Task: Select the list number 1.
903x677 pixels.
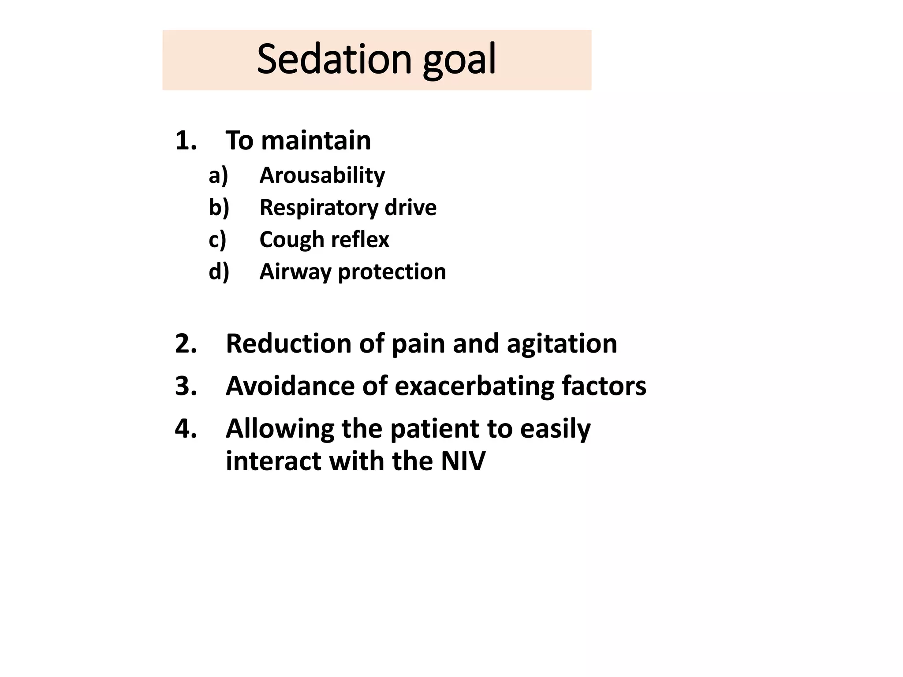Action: coord(185,141)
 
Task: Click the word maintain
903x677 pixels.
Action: coord(316,141)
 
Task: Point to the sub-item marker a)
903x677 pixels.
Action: coord(218,175)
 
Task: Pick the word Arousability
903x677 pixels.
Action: coord(322,175)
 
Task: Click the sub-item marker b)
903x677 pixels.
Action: coord(219,208)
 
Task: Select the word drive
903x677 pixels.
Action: coord(410,208)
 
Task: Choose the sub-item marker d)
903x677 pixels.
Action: coord(219,272)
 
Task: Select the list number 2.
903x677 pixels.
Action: coord(186,344)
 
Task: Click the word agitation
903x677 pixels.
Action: coord(562,344)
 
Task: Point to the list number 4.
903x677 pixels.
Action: coord(186,428)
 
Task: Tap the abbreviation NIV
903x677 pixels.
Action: coord(463,461)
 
